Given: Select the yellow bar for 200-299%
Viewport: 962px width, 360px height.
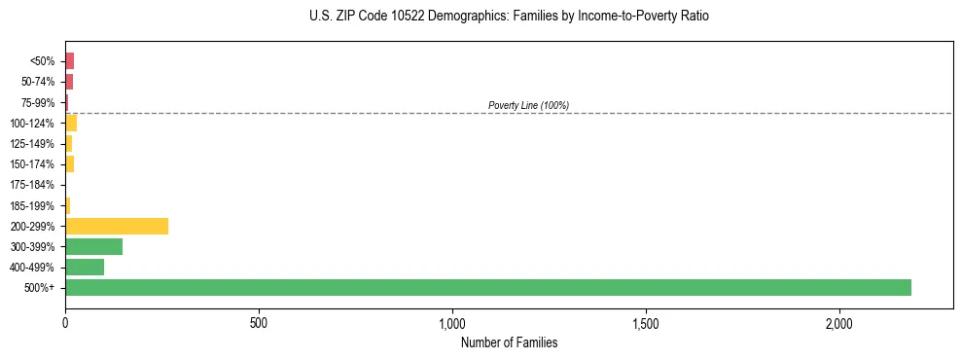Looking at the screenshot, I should [x=117, y=226].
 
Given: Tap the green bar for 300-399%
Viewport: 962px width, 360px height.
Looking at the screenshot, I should [x=93, y=246].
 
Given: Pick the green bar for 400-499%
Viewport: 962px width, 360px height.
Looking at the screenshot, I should [x=85, y=267].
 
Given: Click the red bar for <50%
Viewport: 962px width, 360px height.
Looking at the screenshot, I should [x=69, y=61].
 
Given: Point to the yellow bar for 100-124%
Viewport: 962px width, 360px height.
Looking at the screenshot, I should [x=71, y=123].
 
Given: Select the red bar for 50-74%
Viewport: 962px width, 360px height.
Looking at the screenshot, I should [x=69, y=82].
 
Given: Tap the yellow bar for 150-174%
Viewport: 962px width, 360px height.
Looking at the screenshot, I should [x=69, y=163].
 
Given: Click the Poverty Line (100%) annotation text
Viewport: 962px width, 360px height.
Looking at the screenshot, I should [x=528, y=105].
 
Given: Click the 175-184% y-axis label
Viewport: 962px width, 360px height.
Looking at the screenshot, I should [x=32, y=185].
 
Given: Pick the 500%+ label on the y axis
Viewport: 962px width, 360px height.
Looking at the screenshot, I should [x=39, y=288].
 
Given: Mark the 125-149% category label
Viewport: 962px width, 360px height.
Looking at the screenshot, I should [x=32, y=144].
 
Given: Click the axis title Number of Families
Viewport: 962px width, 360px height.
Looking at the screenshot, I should [x=509, y=342].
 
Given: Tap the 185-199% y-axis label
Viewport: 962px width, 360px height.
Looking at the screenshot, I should [x=32, y=205].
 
